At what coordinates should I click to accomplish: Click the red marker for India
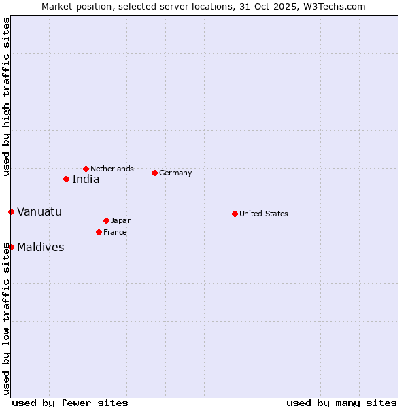point(66,179)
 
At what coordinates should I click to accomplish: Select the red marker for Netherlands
point(86,169)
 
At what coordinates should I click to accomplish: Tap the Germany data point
point(154,173)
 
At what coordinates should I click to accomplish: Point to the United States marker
point(235,214)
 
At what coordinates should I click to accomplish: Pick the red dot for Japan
point(106,220)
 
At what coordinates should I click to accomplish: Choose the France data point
point(99,232)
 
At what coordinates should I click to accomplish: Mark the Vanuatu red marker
point(11,211)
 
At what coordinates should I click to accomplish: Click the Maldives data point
point(11,247)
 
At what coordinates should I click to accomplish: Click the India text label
point(86,180)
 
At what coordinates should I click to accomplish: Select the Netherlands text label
point(112,169)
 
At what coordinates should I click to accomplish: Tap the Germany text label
point(175,173)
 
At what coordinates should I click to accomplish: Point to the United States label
point(264,214)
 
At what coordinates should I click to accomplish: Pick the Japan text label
point(121,220)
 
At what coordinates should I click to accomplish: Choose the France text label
point(115,232)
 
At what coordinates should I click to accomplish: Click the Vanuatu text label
point(39,211)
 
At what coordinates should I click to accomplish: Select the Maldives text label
point(41,247)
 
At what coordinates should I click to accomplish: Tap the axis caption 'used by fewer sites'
point(70,403)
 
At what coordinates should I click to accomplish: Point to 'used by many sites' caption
point(341,403)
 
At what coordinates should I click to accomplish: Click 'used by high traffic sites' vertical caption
point(6,97)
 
